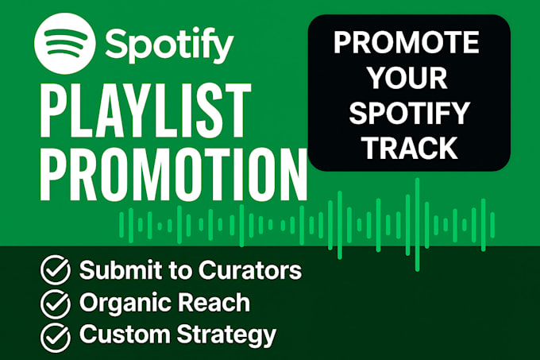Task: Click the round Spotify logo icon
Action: pyautogui.click(x=64, y=44)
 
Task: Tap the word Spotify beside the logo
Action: pyautogui.click(x=169, y=45)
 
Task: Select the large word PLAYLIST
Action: pyautogui.click(x=145, y=110)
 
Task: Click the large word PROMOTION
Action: pyautogui.click(x=173, y=174)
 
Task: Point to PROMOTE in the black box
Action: pyautogui.click(x=406, y=42)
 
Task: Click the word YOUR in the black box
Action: pyautogui.click(x=408, y=78)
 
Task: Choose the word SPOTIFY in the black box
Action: pyautogui.click(x=409, y=113)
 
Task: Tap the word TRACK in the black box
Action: pyautogui.click(x=411, y=148)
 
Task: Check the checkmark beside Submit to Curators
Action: pyautogui.click(x=56, y=269)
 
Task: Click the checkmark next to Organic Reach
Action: pyautogui.click(x=56, y=304)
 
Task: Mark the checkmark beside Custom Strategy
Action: pyautogui.click(x=56, y=338)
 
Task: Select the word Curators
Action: pyautogui.click(x=250, y=269)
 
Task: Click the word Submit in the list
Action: pyautogui.click(x=120, y=269)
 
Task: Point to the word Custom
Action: pyautogui.click(x=125, y=334)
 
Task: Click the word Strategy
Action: pyautogui.click(x=226, y=335)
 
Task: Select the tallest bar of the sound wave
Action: pyautogui.click(x=418, y=225)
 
